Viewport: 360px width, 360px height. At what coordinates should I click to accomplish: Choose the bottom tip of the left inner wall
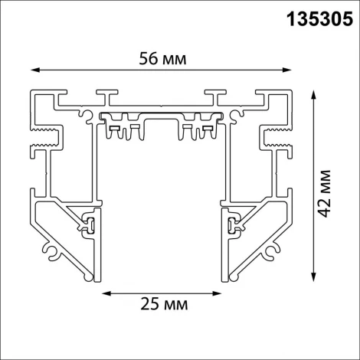[95, 273]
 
